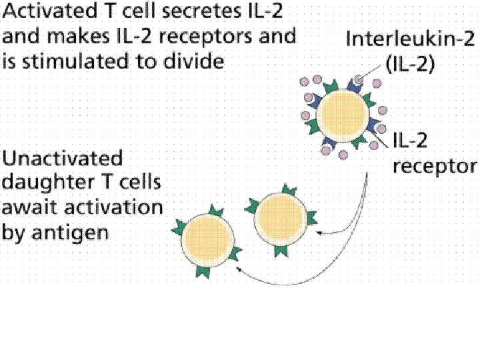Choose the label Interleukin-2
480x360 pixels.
[409, 38]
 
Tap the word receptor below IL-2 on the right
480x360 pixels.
[434, 166]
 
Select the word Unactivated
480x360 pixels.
[63, 159]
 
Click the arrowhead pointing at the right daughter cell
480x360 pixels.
[318, 233]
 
